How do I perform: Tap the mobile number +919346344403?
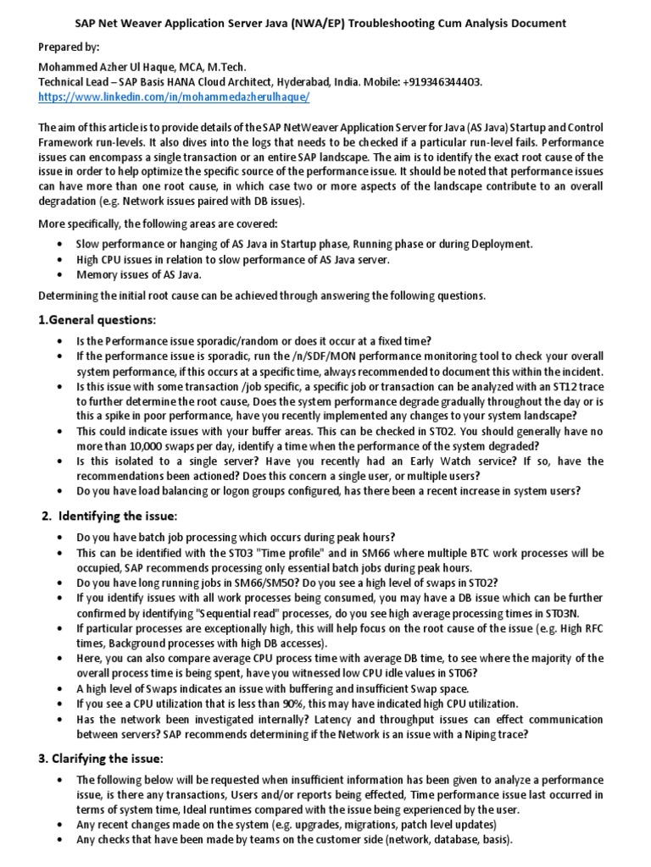pyautogui.click(x=439, y=82)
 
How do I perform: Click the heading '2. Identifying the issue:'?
pyautogui.click(x=110, y=516)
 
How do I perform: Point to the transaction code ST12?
pyautogui.click(x=554, y=385)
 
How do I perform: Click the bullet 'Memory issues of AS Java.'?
pyautogui.click(x=140, y=275)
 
